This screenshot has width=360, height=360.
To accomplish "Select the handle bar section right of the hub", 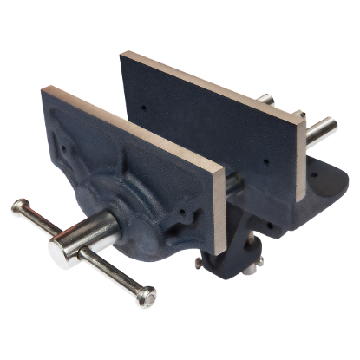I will coord(113,273).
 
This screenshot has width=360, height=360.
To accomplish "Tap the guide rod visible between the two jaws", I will coord(232,187).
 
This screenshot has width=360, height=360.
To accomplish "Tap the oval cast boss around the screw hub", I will coord(130,221).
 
